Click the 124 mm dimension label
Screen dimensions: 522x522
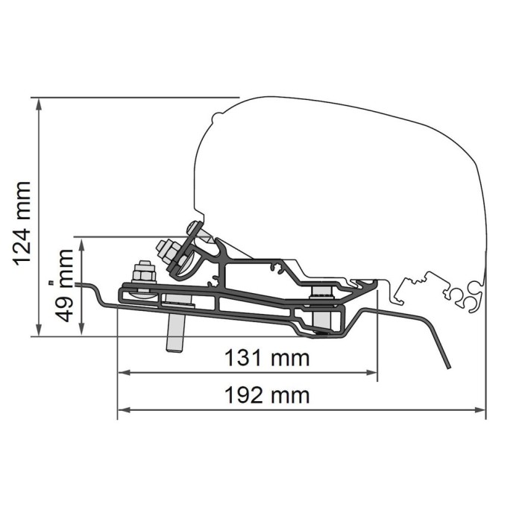pyautogui.click(x=22, y=224)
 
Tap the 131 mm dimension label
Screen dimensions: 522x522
pyautogui.click(x=267, y=358)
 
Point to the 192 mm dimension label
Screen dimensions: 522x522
pyautogui.click(x=267, y=395)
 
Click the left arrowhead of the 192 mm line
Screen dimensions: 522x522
pyautogui.click(x=124, y=410)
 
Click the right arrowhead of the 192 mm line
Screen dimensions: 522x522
pyautogui.click(x=479, y=410)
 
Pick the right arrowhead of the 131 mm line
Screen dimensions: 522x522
pyautogui.click(x=371, y=373)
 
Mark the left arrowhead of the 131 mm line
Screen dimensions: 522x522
pyautogui.click(x=124, y=373)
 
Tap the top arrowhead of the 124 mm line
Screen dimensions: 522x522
pyautogui.click(x=39, y=104)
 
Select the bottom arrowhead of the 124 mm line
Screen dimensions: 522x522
pyautogui.click(x=39, y=330)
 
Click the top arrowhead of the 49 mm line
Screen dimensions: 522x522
pyautogui.click(x=81, y=243)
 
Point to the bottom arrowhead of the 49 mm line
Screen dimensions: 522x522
pyautogui.click(x=81, y=330)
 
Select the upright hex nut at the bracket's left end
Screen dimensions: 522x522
pyautogui.click(x=144, y=272)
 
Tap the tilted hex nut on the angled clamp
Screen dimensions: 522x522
pyautogui.click(x=169, y=250)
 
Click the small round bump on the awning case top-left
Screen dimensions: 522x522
pyautogui.click(x=217, y=116)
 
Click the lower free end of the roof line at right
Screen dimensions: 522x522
pyautogui.click(x=449, y=368)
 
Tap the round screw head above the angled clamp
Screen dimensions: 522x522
pyautogui.click(x=194, y=227)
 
